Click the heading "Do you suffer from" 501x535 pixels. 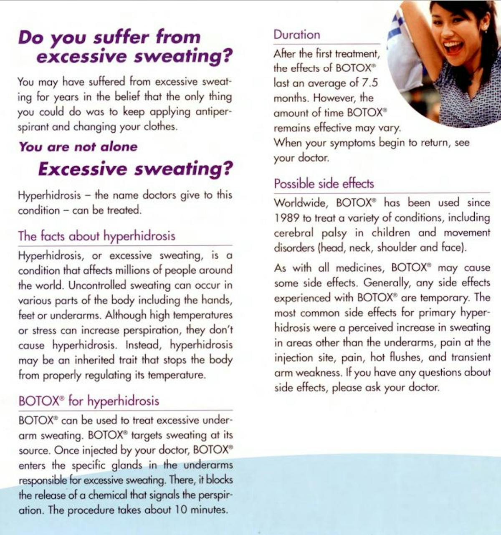(x=109, y=38)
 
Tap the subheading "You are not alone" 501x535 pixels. (x=78, y=147)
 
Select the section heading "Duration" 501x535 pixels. (x=297, y=35)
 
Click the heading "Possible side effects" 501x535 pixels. (x=324, y=184)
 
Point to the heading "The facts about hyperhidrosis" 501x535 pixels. (x=96, y=236)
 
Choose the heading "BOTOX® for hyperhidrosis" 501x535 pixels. (x=89, y=401)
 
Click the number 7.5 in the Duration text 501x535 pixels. (x=369, y=83)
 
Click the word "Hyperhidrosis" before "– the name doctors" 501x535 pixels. (x=49, y=195)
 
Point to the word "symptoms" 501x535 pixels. (x=353, y=143)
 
